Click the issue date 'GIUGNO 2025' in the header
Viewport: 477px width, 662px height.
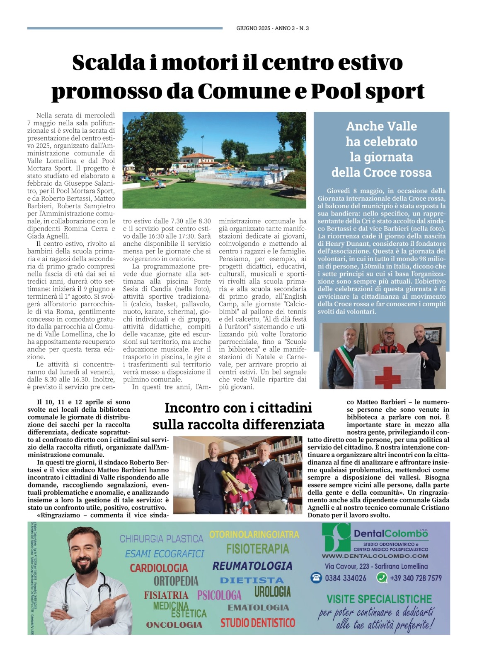[253, 28]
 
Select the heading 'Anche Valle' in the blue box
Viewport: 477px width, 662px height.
[381, 126]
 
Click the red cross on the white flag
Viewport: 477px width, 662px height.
[388, 374]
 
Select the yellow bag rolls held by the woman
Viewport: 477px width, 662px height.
[232, 480]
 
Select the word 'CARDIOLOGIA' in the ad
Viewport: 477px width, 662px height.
[159, 568]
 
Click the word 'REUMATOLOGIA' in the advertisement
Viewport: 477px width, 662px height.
[252, 566]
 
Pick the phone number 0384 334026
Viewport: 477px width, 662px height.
[345, 578]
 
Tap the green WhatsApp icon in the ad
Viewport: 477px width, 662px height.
[382, 578]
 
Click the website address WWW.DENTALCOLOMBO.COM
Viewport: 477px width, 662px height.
[375, 556]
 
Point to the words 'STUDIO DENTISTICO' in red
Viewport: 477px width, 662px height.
[258, 623]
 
